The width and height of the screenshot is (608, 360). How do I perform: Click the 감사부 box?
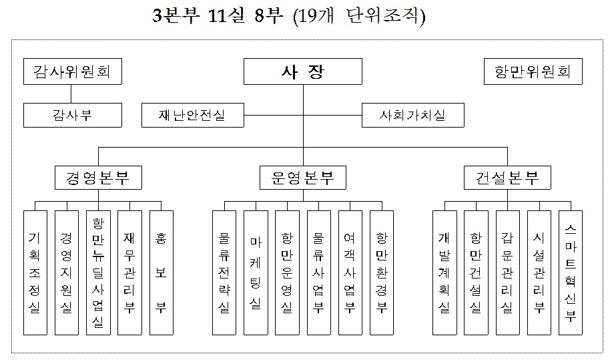[x=73, y=115]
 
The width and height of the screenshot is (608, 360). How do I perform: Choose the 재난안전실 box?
[x=192, y=115]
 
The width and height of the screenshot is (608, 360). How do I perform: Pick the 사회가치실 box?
[x=412, y=115]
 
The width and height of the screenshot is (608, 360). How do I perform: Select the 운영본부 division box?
[x=303, y=178]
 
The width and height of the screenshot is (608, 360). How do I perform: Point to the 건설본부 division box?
[x=507, y=178]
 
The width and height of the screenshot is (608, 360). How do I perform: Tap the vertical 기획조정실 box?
[x=35, y=273]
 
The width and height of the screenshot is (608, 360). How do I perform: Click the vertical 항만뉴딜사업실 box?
[x=97, y=273]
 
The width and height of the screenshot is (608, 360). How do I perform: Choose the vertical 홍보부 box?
[x=161, y=273]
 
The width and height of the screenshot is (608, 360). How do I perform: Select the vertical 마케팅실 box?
[x=256, y=273]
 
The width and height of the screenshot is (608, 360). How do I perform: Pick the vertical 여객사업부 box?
[x=350, y=273]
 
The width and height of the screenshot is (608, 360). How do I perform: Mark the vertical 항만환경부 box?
[x=382, y=273]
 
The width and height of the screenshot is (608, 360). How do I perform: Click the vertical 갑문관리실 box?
[x=507, y=273]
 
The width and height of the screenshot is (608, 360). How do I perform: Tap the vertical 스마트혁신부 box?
[x=571, y=273]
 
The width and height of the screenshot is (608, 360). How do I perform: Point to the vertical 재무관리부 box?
[x=129, y=273]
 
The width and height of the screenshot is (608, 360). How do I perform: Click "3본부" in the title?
[x=173, y=16]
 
